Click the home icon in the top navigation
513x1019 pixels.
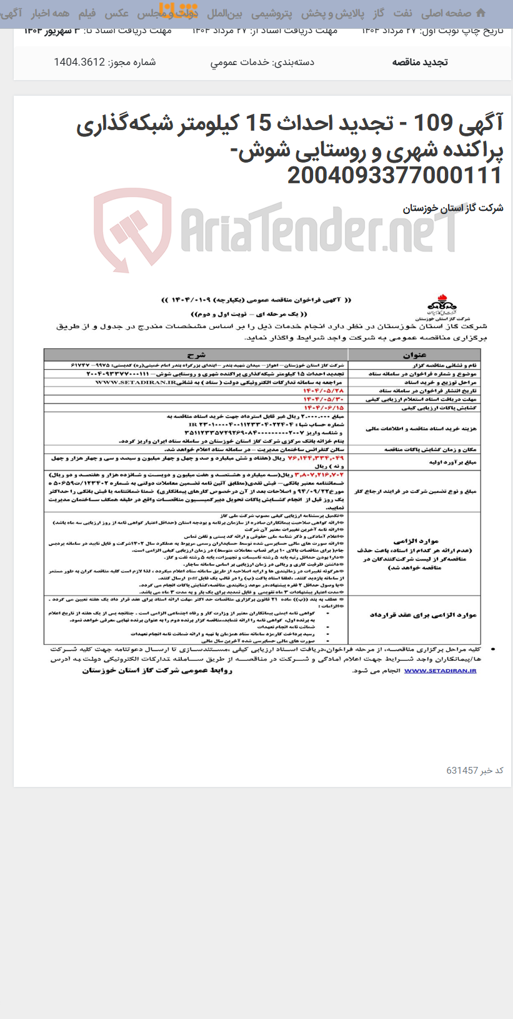pos(481,13)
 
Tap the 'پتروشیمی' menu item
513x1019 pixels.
pos(272,13)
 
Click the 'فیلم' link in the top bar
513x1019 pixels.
pos(87,13)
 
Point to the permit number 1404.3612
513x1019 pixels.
pos(79,62)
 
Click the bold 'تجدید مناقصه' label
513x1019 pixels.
pos(420,62)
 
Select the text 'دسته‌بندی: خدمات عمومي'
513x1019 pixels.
pos(262,62)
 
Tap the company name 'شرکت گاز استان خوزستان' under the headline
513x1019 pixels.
pos(453,208)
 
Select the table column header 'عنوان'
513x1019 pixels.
pos(414,355)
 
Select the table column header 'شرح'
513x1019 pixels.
pos(196,355)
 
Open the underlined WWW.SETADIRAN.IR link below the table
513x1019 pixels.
pos(440,671)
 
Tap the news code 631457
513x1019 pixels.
pos(462,771)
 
